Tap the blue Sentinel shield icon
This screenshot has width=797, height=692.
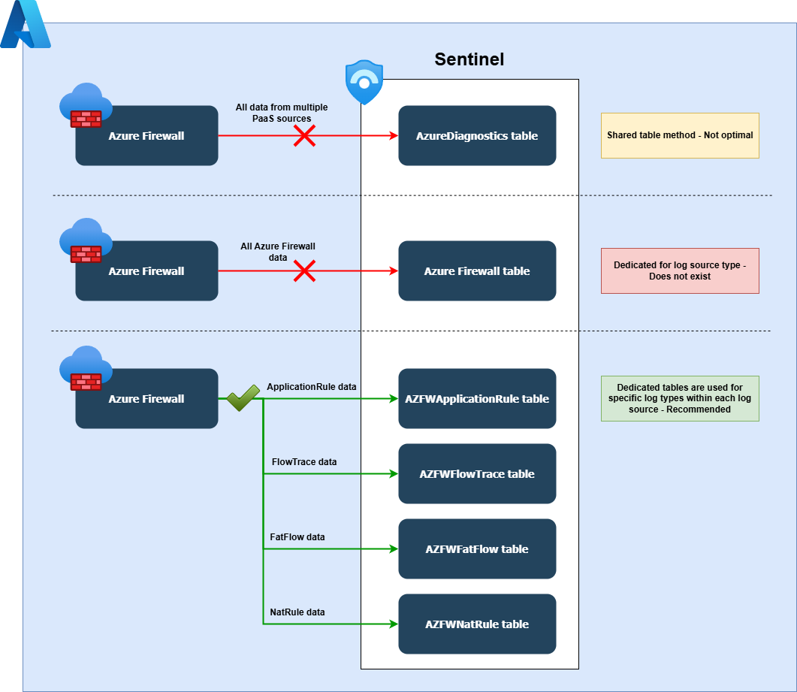tap(364, 83)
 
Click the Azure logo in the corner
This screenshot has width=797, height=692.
tap(25, 25)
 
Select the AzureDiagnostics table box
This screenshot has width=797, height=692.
tap(477, 136)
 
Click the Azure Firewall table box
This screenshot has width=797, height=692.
tap(477, 271)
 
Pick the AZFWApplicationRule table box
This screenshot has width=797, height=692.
tap(477, 399)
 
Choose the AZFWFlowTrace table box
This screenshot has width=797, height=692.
tap(477, 474)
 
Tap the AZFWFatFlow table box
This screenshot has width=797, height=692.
tap(477, 549)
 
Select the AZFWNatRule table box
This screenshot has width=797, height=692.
tap(477, 624)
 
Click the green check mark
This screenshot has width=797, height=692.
tap(243, 398)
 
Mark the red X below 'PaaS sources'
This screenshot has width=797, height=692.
tap(303, 136)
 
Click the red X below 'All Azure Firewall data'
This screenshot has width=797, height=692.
tap(303, 271)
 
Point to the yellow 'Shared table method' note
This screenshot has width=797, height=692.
tap(680, 136)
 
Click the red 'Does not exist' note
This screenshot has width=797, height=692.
tap(680, 271)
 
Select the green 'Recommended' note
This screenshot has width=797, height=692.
tap(680, 399)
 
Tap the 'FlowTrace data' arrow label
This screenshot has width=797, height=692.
tap(303, 462)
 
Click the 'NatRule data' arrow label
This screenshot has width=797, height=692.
tap(297, 612)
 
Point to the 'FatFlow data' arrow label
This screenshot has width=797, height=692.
tap(297, 537)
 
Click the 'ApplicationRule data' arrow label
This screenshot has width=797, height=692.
tap(311, 387)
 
